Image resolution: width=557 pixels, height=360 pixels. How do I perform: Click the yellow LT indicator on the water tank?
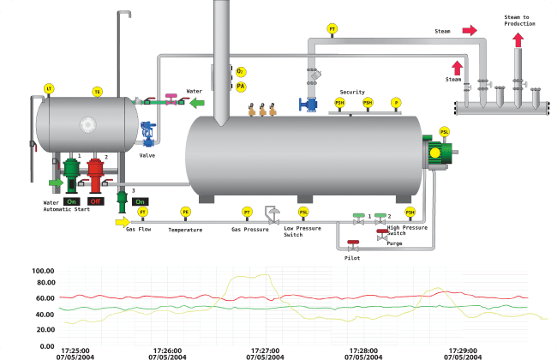tap(49, 88)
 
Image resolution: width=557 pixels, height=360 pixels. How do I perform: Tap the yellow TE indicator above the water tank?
tap(97, 91)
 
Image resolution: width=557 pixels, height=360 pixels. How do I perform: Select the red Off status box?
tap(96, 201)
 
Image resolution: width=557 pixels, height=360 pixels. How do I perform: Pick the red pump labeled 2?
tap(95, 171)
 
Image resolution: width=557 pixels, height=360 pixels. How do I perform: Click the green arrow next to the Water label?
tap(198, 103)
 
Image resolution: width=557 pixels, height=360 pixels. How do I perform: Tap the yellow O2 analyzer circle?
tap(241, 72)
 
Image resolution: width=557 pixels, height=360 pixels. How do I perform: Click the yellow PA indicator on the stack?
tap(241, 87)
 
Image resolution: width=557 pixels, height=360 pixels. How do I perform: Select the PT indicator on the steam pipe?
tap(332, 29)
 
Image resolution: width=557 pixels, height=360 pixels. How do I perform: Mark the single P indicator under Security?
tap(396, 103)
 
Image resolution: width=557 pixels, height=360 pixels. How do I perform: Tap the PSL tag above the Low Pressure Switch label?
tap(303, 212)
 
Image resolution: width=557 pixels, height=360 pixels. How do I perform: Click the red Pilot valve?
tap(352, 244)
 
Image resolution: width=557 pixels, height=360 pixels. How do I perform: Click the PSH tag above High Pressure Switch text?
tap(410, 212)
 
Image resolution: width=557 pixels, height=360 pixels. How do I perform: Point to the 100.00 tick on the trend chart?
tap(43, 272)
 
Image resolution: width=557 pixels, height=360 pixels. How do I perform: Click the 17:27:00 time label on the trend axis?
tap(266, 351)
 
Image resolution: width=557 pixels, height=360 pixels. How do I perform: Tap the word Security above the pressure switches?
tap(352, 92)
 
